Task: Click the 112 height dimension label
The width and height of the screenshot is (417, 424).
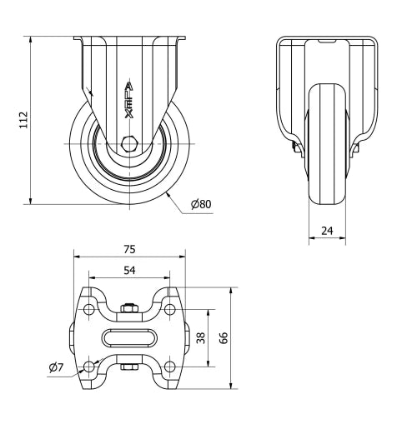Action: (x=23, y=120)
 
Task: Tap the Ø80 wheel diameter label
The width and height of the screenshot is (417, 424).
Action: (x=201, y=204)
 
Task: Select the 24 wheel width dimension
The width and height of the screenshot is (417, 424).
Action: (x=327, y=231)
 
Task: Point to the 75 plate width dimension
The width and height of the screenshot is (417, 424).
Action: (x=129, y=249)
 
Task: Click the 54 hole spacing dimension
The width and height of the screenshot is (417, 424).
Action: (x=129, y=270)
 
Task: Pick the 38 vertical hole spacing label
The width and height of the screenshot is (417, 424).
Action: (x=201, y=338)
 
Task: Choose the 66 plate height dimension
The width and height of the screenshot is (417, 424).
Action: (x=224, y=338)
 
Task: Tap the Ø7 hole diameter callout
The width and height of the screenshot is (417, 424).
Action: (x=57, y=367)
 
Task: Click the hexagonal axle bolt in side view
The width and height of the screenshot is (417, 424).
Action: (x=129, y=144)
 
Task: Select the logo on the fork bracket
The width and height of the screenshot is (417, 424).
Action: (x=129, y=100)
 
